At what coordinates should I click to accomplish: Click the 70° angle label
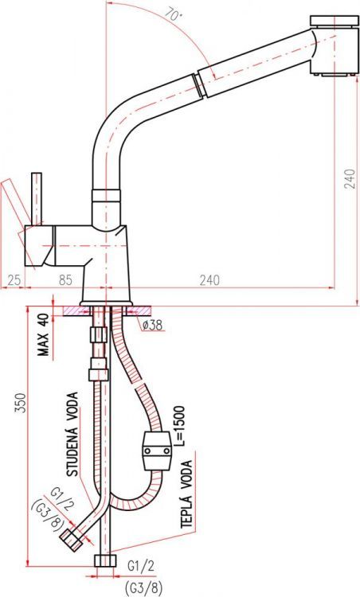click(174, 14)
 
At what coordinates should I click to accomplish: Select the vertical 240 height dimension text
click(350, 178)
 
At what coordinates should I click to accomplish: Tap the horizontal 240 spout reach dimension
click(209, 280)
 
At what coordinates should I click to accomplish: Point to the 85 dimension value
click(65, 280)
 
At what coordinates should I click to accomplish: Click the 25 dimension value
click(14, 280)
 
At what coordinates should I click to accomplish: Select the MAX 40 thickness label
click(44, 335)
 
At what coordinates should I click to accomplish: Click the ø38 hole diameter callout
click(152, 325)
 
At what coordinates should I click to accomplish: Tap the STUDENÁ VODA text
click(72, 435)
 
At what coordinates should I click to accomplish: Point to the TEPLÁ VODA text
click(186, 494)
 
